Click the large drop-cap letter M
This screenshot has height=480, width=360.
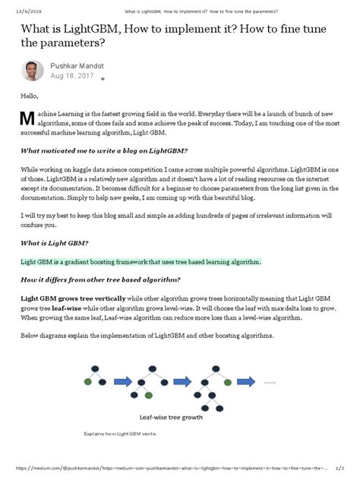click(x=27, y=118)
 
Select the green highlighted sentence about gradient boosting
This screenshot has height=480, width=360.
click(x=141, y=261)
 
